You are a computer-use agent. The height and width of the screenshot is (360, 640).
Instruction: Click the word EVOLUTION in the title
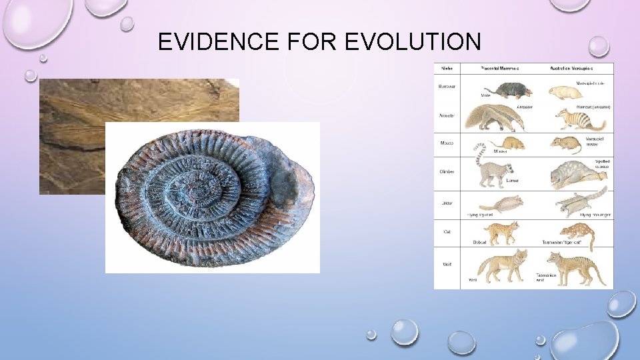pos(413,42)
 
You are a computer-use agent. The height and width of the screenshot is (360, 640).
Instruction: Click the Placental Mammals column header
pos(500,68)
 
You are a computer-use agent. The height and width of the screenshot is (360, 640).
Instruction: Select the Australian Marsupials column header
pos(573,68)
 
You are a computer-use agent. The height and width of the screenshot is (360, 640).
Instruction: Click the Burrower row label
pos(447,86)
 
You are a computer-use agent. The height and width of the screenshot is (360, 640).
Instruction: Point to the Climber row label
pos(447,171)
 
